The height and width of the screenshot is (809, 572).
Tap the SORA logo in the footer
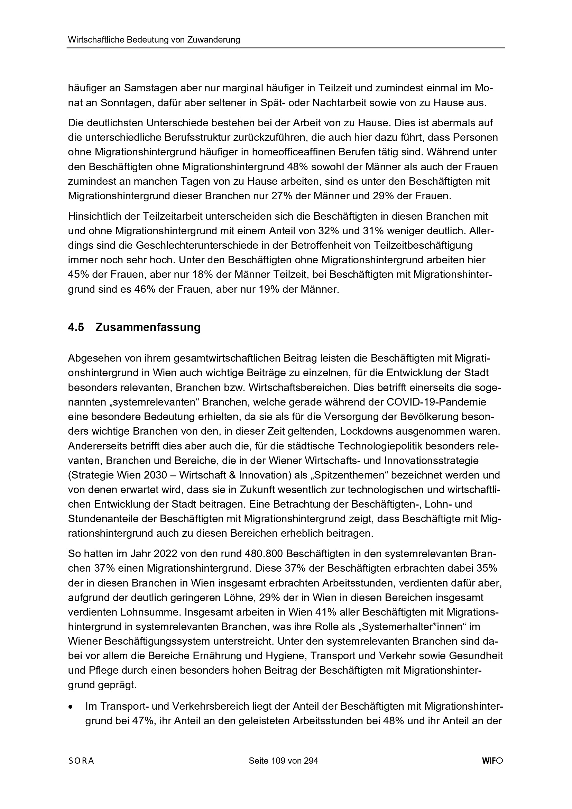[x=81, y=761]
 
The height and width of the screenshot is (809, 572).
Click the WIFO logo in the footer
[x=492, y=761]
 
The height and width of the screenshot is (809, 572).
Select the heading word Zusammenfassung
[x=148, y=327]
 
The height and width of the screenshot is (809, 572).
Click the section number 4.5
[x=76, y=327]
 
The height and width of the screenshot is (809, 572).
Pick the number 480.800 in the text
[x=264, y=554]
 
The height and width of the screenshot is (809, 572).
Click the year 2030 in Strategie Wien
[x=155, y=475]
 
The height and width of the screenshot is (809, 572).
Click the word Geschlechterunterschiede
[x=208, y=245]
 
